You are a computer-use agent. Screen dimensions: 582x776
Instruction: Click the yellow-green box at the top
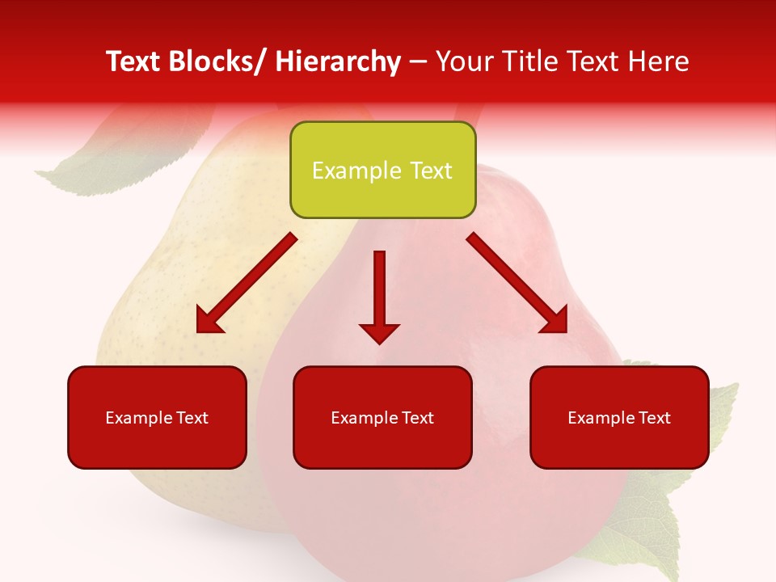click(382, 170)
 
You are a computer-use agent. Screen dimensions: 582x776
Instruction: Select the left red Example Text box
click(157, 417)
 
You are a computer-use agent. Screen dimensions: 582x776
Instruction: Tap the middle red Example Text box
click(382, 417)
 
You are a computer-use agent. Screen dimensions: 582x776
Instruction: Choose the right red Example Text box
click(619, 417)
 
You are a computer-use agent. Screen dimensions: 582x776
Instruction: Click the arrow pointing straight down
click(379, 295)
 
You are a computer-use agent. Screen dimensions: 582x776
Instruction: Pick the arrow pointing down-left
click(247, 283)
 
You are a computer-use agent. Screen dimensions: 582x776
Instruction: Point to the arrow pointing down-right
click(517, 283)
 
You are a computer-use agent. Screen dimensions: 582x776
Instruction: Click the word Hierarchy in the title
click(338, 61)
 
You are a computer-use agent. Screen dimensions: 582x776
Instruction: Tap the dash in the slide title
click(418, 62)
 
